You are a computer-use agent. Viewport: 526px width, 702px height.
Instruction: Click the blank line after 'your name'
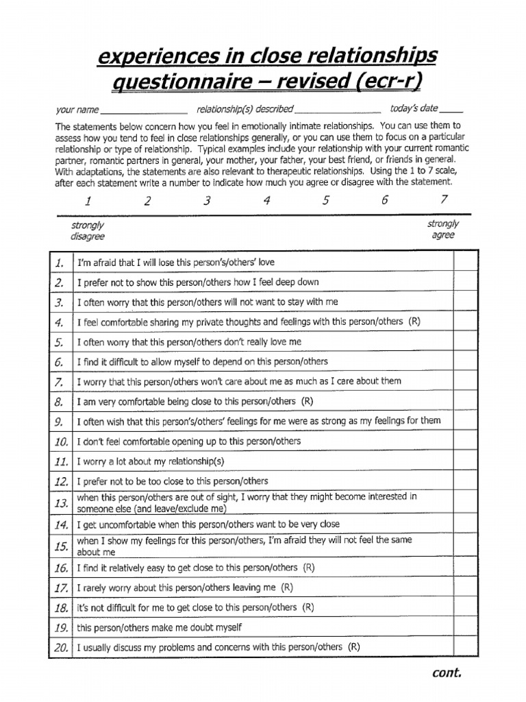144,110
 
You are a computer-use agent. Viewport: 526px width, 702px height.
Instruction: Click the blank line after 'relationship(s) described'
338,110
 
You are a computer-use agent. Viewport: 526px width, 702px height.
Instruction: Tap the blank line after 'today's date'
451,110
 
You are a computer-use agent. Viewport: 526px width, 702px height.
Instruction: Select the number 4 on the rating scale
267,201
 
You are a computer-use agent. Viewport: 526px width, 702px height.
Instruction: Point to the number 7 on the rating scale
444,199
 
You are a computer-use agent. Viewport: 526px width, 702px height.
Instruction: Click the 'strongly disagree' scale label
87,230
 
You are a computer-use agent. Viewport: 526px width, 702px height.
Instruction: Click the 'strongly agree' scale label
443,229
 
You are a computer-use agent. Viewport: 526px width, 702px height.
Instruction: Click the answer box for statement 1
465,263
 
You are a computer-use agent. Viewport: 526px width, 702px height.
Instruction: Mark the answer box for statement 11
465,461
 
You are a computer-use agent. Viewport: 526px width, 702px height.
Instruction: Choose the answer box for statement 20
465,646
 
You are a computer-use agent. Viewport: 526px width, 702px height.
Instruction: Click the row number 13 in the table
60,503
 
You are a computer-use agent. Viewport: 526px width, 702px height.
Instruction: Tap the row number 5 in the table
60,342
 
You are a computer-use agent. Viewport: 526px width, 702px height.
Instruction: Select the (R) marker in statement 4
415,322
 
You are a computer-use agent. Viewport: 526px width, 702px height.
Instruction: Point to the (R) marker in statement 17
286,588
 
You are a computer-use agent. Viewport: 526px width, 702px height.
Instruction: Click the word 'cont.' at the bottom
447,673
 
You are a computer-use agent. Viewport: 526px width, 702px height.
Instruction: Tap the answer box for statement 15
465,546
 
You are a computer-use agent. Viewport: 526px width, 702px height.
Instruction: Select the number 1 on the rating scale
88,201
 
